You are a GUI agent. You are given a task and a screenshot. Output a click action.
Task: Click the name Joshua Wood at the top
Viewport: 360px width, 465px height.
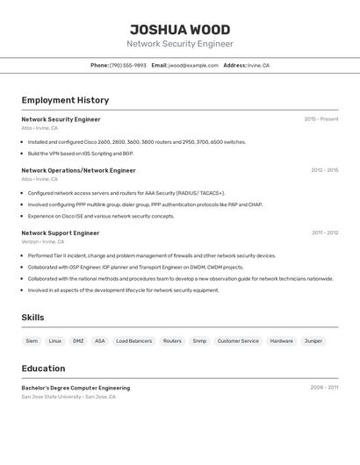(180, 29)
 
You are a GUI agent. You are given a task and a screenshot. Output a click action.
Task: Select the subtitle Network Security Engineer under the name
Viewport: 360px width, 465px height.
(180, 44)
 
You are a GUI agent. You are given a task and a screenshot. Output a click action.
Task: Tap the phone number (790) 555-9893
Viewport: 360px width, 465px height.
(128, 65)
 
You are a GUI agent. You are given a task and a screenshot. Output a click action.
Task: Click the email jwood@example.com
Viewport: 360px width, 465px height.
(193, 65)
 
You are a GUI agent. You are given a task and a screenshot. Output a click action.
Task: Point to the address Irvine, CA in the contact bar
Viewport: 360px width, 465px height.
(258, 65)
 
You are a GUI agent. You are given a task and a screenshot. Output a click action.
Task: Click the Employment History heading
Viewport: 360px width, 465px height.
(65, 100)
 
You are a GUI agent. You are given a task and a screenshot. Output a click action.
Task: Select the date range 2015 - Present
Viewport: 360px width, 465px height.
(321, 119)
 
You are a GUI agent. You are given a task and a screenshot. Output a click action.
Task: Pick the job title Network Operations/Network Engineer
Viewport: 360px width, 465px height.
(78, 170)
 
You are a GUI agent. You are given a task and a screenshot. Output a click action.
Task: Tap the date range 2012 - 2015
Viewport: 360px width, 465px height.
(324, 170)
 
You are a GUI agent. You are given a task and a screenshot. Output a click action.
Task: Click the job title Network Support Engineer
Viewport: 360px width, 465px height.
(61, 233)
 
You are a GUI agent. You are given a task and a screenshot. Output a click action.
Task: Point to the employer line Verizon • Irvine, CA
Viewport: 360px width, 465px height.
(44, 241)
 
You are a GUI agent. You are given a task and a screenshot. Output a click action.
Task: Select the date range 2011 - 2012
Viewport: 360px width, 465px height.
(325, 233)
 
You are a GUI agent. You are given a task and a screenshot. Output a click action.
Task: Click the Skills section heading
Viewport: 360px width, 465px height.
(32, 318)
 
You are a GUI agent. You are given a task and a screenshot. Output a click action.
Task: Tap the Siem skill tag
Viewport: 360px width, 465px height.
(32, 340)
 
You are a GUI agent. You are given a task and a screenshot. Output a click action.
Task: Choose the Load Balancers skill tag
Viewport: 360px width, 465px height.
(134, 340)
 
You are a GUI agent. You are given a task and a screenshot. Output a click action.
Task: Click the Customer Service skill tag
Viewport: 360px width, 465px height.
(238, 340)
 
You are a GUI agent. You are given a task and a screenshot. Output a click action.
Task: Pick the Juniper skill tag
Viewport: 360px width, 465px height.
(313, 340)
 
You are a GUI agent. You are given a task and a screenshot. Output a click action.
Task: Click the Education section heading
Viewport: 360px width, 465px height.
(43, 368)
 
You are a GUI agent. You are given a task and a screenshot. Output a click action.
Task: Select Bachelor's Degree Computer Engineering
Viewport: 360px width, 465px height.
(76, 388)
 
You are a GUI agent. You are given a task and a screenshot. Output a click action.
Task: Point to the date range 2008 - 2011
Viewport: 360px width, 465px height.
(324, 387)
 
